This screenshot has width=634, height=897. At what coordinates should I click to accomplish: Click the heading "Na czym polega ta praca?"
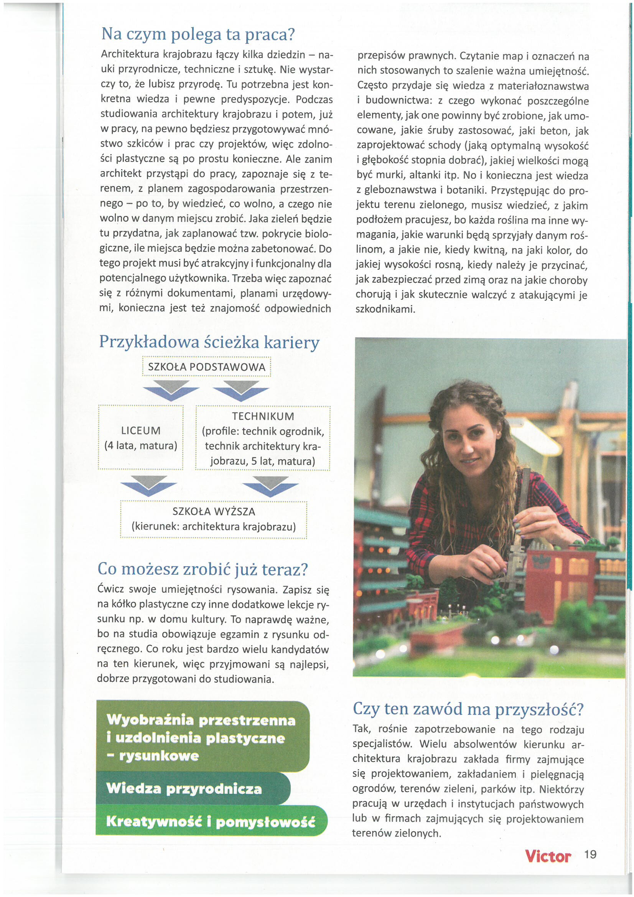click(x=198, y=35)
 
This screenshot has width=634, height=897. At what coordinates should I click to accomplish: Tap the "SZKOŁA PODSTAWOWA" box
click(x=206, y=367)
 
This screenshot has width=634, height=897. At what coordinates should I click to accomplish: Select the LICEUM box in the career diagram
click(x=141, y=437)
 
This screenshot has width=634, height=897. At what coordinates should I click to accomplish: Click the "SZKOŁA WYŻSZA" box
click(x=214, y=519)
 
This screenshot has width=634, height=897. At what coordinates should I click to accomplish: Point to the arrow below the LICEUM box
click(x=148, y=486)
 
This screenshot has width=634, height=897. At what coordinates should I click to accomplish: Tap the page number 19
click(x=590, y=854)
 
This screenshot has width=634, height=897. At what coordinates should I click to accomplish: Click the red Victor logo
click(x=548, y=856)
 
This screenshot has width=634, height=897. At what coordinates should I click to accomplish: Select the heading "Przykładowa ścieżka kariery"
click(x=209, y=342)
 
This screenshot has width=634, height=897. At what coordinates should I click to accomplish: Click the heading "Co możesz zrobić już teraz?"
click(x=203, y=569)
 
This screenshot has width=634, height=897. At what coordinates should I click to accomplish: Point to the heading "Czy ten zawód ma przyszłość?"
click(x=468, y=709)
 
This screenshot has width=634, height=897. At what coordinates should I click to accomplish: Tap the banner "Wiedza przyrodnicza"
click(x=184, y=789)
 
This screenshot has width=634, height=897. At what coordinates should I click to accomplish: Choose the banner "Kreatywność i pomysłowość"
click(x=211, y=821)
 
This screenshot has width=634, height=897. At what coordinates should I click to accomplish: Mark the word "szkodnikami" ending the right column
click(x=385, y=309)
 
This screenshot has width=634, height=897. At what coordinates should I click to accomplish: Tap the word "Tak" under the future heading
click(x=362, y=729)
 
